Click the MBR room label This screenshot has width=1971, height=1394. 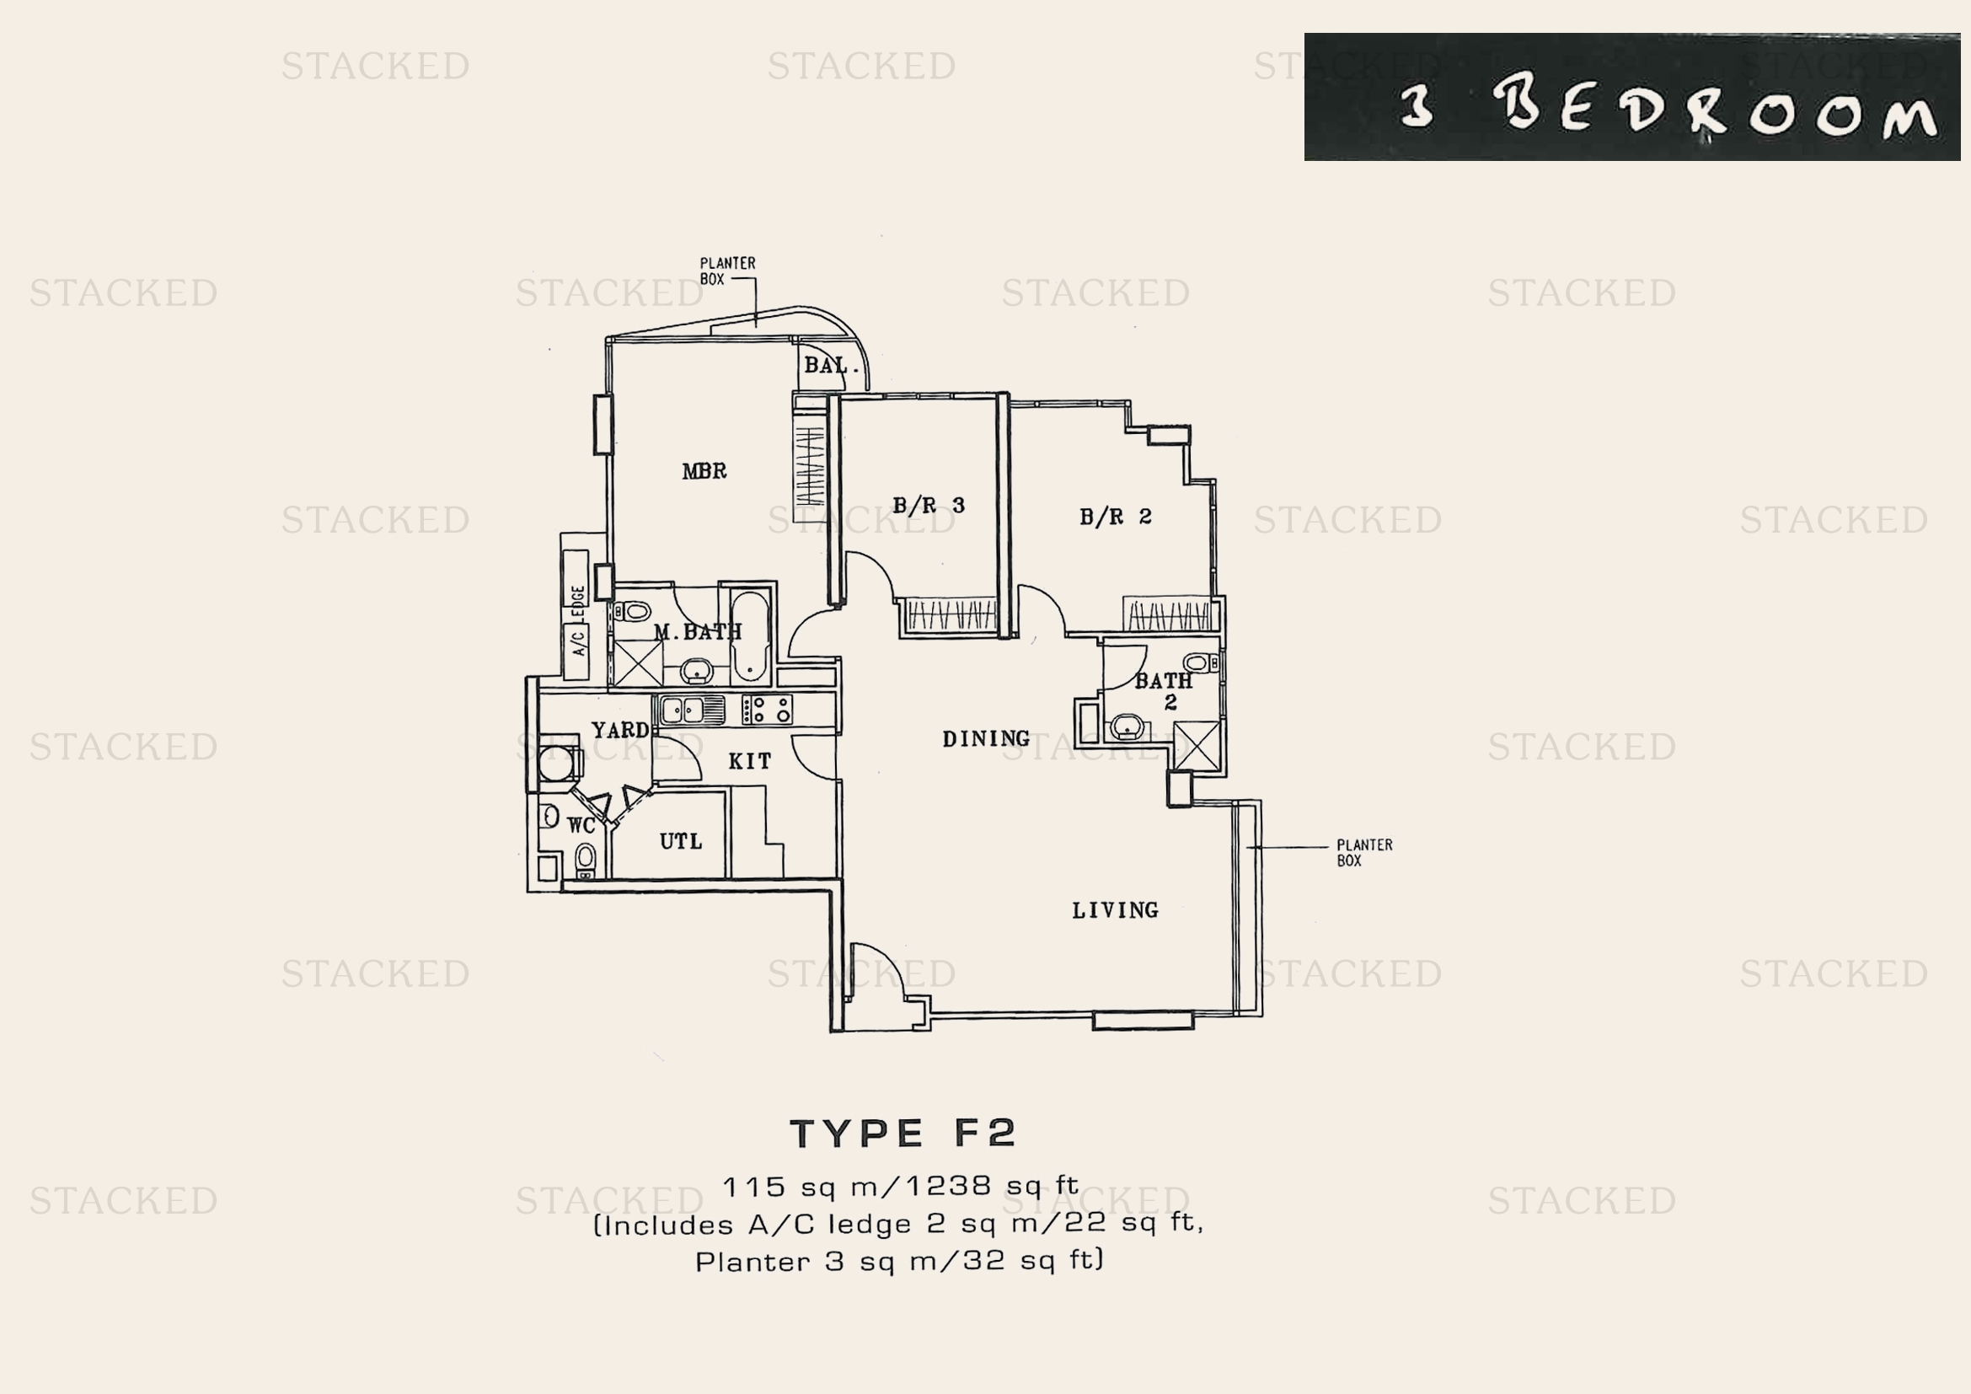[x=704, y=471]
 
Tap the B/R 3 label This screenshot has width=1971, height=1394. [x=929, y=506]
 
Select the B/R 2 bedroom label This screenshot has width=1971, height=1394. [x=1115, y=517]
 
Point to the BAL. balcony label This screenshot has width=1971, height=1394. [x=830, y=366]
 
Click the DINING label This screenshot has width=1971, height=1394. [x=986, y=738]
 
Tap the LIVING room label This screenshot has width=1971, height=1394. [x=1115, y=910]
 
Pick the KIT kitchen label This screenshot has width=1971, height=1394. [x=749, y=761]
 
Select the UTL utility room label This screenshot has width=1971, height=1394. [x=681, y=841]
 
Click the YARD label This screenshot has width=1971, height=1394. [x=620, y=731]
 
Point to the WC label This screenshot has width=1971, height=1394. [x=581, y=826]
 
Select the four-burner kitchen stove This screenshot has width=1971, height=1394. [x=768, y=710]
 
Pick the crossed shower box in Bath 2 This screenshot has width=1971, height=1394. [x=1196, y=746]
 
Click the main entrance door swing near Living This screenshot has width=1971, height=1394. [x=876, y=974]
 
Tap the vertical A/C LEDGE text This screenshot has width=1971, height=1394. [x=579, y=619]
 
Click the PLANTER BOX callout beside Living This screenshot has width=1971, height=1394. [x=1363, y=852]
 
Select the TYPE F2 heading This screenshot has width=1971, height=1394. [x=902, y=1134]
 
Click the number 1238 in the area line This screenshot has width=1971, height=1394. [x=951, y=1187]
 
